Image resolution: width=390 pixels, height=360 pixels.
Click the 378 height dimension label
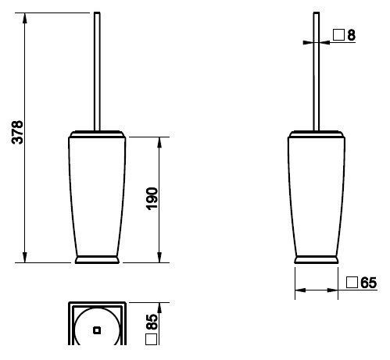18,132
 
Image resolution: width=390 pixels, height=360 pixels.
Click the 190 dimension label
152,198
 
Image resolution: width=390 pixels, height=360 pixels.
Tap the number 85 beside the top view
152,322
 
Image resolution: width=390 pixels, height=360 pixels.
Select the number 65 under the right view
369,283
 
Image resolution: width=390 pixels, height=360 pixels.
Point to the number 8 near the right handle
352,35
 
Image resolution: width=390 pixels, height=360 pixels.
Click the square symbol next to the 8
338,34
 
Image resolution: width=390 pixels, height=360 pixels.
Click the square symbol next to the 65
352,283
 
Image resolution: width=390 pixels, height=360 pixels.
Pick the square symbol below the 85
152,339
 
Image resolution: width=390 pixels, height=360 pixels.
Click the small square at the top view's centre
97,330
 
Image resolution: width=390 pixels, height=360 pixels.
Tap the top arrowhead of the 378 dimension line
25,18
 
